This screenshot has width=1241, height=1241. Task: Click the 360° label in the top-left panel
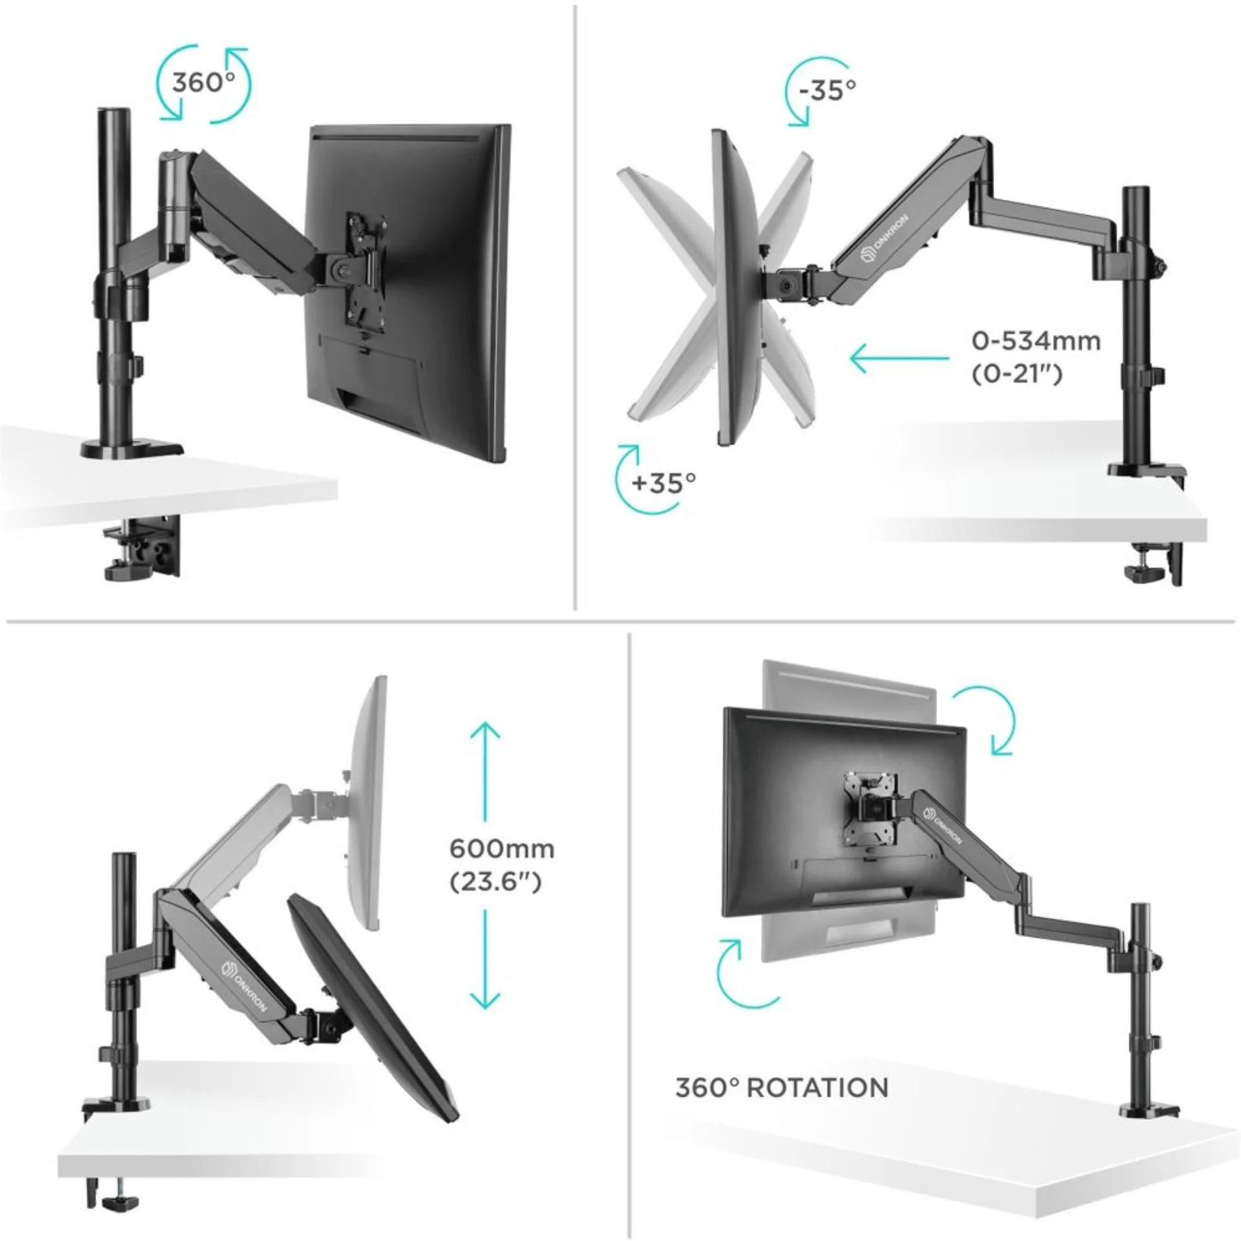coord(202,83)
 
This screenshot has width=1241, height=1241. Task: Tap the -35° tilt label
coord(827,90)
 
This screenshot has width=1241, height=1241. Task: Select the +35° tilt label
coord(664,482)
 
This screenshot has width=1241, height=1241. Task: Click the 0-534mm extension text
coord(1035,341)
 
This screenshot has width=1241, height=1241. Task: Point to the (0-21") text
coord(1017,374)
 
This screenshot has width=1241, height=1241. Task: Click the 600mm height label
coord(502,848)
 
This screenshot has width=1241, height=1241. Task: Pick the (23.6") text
coord(495,882)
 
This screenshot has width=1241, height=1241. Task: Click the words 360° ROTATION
coord(781,1088)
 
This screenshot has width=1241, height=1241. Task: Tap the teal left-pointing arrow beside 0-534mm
coord(898,358)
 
